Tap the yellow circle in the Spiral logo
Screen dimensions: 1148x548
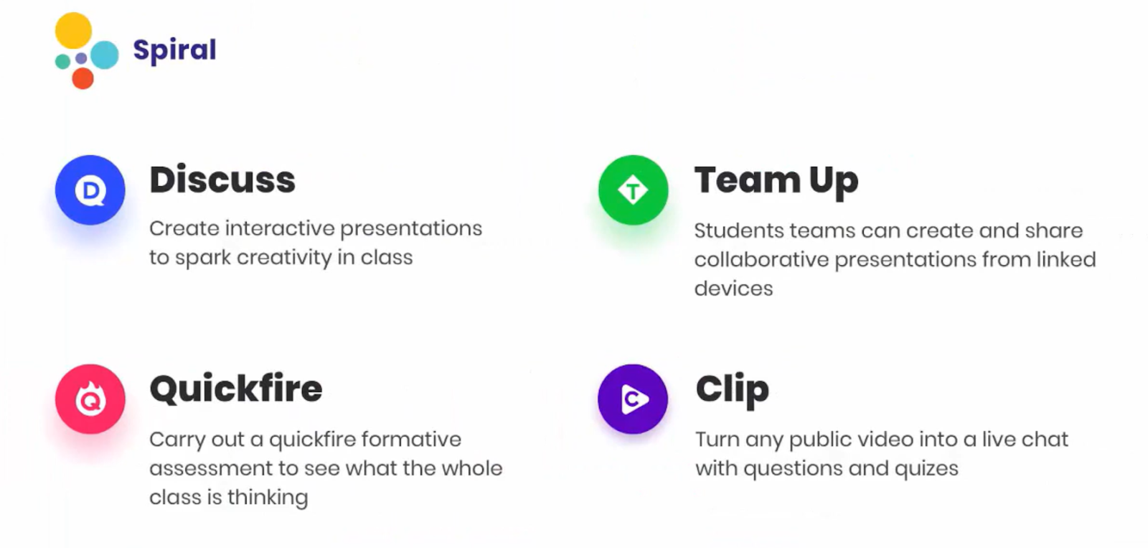tap(73, 31)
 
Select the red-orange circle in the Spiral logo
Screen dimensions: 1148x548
tap(83, 78)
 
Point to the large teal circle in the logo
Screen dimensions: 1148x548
tap(105, 55)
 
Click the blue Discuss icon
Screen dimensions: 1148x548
tap(90, 190)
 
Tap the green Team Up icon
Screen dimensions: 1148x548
tap(633, 190)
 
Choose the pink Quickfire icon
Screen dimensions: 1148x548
tap(90, 399)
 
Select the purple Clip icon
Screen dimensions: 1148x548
tap(633, 399)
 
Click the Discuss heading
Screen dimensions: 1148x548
tap(222, 180)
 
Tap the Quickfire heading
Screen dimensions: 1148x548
tap(236, 389)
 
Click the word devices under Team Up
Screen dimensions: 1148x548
tap(733, 289)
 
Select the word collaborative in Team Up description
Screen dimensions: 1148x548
tap(761, 259)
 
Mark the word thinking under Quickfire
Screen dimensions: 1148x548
tap(268, 498)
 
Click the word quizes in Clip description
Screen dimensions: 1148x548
tap(926, 469)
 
